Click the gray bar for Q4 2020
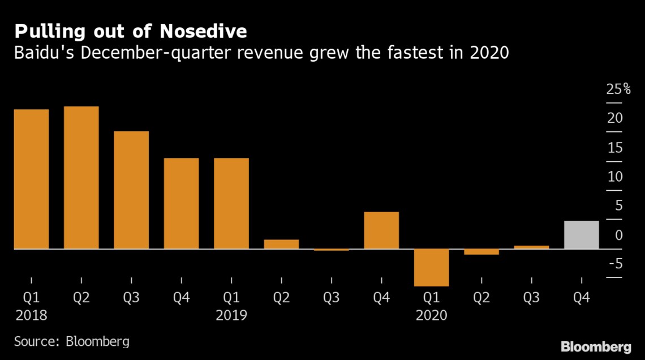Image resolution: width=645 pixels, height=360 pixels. (x=581, y=235)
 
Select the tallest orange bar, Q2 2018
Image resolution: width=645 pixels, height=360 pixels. (x=81, y=178)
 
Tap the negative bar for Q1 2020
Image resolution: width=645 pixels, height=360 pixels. (x=432, y=267)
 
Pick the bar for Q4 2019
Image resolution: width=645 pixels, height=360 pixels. (x=381, y=230)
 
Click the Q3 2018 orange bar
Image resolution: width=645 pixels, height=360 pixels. (x=131, y=190)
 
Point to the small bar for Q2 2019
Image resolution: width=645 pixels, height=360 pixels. (x=281, y=245)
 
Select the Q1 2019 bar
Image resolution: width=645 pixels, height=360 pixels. (x=231, y=204)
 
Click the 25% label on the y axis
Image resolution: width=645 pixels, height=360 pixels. (x=618, y=89)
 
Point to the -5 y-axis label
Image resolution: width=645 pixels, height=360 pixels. (x=615, y=264)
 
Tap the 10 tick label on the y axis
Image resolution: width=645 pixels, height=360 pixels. (x=615, y=177)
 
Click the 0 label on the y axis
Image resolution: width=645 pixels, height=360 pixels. (x=619, y=235)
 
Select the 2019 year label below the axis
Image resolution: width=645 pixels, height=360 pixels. (x=231, y=315)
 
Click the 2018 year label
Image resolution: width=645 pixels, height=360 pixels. (x=31, y=315)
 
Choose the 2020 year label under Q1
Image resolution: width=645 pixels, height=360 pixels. (x=432, y=315)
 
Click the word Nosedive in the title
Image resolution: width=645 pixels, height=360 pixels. (x=203, y=31)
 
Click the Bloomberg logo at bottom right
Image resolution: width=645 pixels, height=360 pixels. (x=596, y=347)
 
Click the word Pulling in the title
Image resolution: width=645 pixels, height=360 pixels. (x=50, y=32)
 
